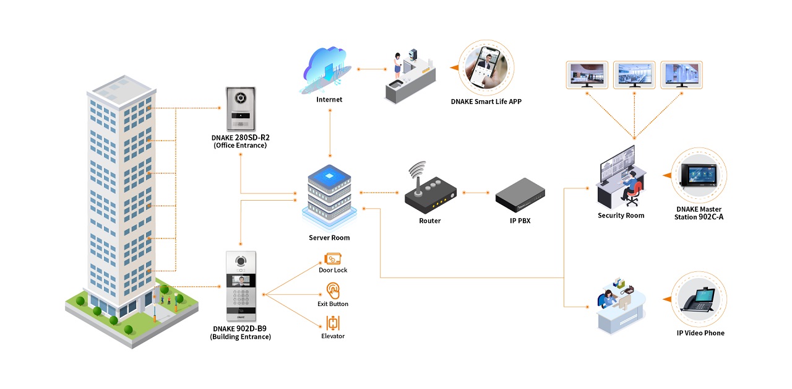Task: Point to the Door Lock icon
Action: point(333,258)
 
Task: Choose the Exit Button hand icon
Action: point(333,291)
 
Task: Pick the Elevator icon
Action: point(333,323)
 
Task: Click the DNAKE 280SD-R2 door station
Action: point(240,108)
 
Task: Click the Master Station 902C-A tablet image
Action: point(699,175)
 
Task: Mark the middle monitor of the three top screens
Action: point(634,74)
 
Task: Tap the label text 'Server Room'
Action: point(329,238)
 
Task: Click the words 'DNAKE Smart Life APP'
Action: point(486,102)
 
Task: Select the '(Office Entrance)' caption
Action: point(240,146)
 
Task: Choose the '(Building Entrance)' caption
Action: point(241,337)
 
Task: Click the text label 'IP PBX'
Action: point(520,221)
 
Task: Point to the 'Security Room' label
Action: point(621,216)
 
